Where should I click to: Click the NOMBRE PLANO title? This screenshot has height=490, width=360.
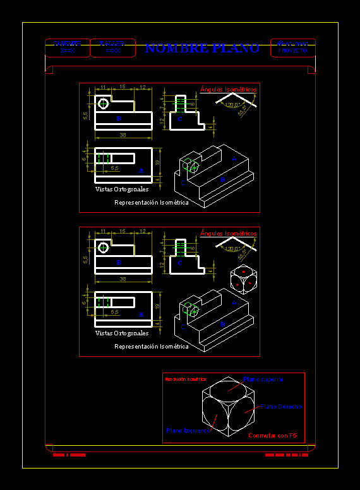pos(202,49)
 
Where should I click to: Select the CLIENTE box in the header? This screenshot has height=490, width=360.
pos(67,47)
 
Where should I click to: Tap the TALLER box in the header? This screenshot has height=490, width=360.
pos(112,47)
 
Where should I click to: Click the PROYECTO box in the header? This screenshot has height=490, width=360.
pos(292,47)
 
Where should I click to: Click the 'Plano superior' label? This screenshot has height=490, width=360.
pos(263,379)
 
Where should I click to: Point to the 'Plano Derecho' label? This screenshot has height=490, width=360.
pos(281,407)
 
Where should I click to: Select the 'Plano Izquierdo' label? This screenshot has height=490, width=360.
pos(187,430)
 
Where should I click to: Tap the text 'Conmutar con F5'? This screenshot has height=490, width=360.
pos(272,436)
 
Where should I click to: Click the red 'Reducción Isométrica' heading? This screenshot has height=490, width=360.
pos(185,379)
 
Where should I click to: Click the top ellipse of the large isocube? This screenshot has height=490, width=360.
pos(229,386)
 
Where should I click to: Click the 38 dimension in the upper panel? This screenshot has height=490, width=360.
pos(122,135)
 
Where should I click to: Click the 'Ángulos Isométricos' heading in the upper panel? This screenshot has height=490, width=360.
pos(228,90)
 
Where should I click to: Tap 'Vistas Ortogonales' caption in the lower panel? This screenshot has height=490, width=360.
pos(122,333)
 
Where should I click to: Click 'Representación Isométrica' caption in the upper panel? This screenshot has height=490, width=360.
pos(151,203)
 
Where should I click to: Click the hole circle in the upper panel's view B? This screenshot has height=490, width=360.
pos(103,104)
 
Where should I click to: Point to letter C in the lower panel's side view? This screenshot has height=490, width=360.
pos(179,263)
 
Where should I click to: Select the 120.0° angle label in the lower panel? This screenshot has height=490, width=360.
pos(230,249)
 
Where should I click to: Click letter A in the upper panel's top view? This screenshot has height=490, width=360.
pos(141,170)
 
